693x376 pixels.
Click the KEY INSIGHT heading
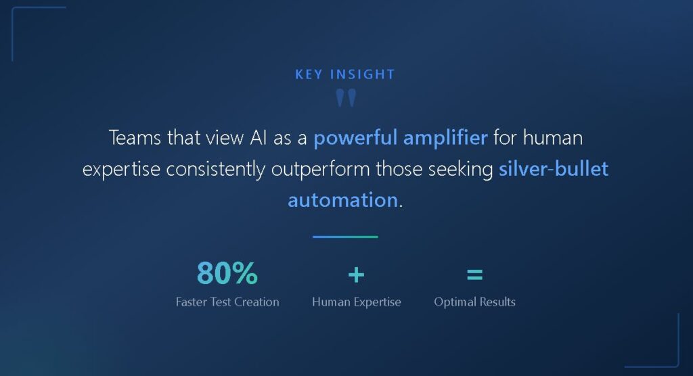click(x=345, y=74)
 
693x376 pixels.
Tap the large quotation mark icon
click(x=346, y=99)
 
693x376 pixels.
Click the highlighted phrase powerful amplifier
click(x=400, y=139)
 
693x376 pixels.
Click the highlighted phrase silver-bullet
click(x=554, y=169)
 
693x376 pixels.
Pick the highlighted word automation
click(x=342, y=200)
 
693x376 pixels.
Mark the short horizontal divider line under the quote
click(x=345, y=237)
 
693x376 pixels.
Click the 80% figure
click(x=227, y=274)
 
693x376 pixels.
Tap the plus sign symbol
click(x=356, y=275)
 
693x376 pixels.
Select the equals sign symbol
click(x=474, y=275)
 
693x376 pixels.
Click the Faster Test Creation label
click(x=227, y=302)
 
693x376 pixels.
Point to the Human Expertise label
click(x=357, y=302)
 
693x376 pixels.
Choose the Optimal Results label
click(x=474, y=302)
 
